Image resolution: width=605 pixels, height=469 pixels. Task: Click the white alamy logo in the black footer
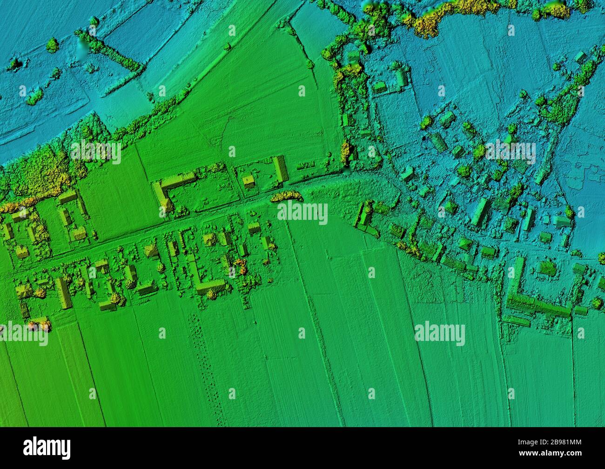(47, 448)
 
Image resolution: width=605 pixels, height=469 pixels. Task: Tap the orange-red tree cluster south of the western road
(240, 267)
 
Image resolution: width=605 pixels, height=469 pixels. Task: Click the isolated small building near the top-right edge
(580, 57)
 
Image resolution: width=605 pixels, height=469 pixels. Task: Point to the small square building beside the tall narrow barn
(250, 180)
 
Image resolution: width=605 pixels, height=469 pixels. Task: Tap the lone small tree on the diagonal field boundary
(227, 47)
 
